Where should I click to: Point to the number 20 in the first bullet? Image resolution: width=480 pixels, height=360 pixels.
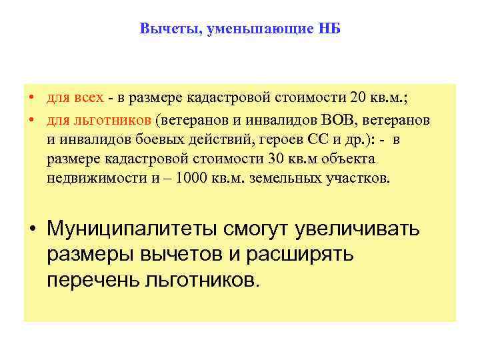pyautogui.click(x=357, y=99)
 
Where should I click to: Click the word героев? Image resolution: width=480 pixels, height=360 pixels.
pyautogui.click(x=255, y=139)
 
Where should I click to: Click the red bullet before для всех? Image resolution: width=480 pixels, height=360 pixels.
pyautogui.click(x=32, y=99)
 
